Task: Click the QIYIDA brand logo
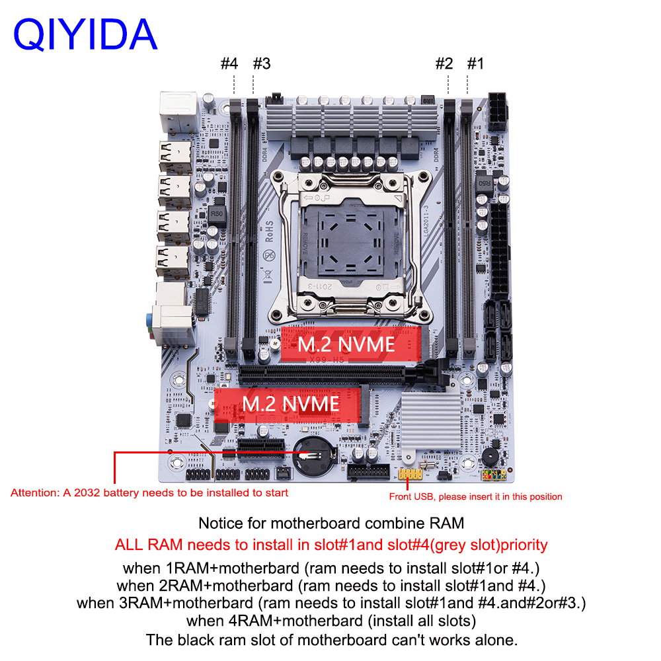coord(85,34)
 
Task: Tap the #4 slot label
coord(229,63)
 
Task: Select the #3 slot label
coord(262,63)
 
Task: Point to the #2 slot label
coord(444,63)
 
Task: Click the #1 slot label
coord(475,63)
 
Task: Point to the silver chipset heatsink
coord(430,422)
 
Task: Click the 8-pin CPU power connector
coord(498,112)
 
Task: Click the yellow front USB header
coord(410,474)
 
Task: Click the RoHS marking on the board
coord(269,231)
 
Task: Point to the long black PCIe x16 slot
coord(322,375)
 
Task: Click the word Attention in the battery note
coord(36,493)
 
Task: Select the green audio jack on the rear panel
coord(149,320)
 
